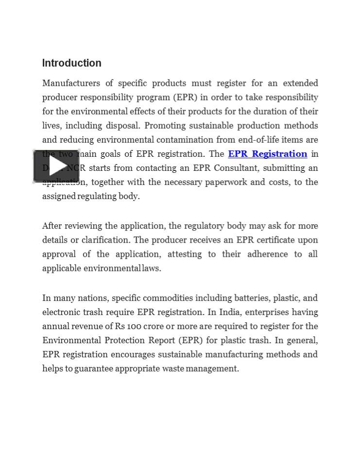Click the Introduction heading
[72, 63]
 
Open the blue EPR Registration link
[267, 154]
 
